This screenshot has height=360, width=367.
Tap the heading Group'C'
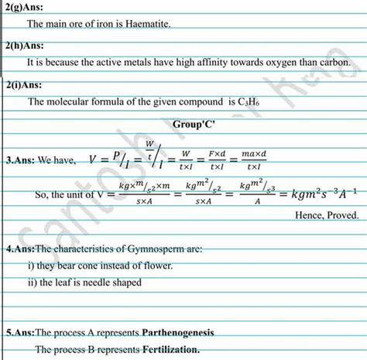194,124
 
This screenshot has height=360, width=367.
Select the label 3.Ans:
20,161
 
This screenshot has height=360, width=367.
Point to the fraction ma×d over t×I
253,160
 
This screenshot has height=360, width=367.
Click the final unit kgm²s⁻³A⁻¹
324,194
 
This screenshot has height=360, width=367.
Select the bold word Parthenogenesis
178,332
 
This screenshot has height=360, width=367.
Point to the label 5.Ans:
20,332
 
